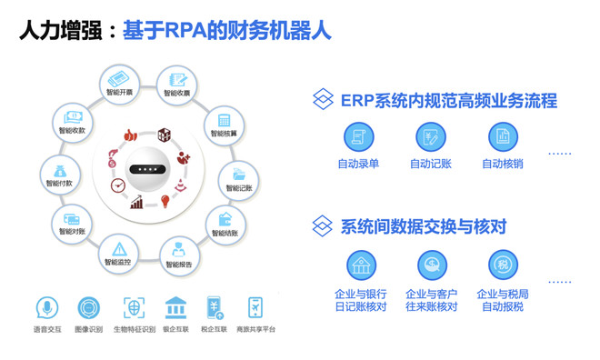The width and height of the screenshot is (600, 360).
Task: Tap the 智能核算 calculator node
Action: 223,123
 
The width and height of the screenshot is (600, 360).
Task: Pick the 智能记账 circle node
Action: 240,176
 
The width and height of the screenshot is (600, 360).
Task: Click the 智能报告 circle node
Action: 178,254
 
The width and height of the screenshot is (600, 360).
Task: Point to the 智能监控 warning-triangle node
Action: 119,251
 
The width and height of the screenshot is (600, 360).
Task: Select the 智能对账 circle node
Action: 70,222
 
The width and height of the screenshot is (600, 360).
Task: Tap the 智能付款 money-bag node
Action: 59,172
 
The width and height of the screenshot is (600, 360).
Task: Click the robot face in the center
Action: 145,169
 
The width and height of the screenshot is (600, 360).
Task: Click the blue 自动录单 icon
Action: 358,137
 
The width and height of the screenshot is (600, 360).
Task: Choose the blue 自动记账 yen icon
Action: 431,137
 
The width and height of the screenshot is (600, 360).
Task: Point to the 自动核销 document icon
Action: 503,137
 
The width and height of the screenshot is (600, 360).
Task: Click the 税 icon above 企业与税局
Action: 503,265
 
